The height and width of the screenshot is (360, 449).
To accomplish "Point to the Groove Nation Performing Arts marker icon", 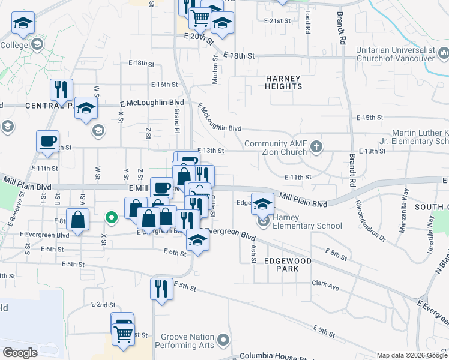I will [x=223, y=341].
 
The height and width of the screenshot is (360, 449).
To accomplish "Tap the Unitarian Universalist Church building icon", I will [x=444, y=55].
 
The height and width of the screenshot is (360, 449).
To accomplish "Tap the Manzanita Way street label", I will [x=405, y=201].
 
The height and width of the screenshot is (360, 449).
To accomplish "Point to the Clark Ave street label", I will [x=325, y=286].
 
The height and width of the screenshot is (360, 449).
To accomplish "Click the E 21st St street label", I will [x=277, y=21].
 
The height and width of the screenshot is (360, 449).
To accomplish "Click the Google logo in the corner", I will [x=20, y=353].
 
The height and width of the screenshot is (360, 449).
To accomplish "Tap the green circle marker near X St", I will [x=111, y=217].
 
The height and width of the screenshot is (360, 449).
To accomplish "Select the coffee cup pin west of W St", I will [x=47, y=141].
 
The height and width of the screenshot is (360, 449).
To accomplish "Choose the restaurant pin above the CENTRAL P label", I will [x=61, y=89].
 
